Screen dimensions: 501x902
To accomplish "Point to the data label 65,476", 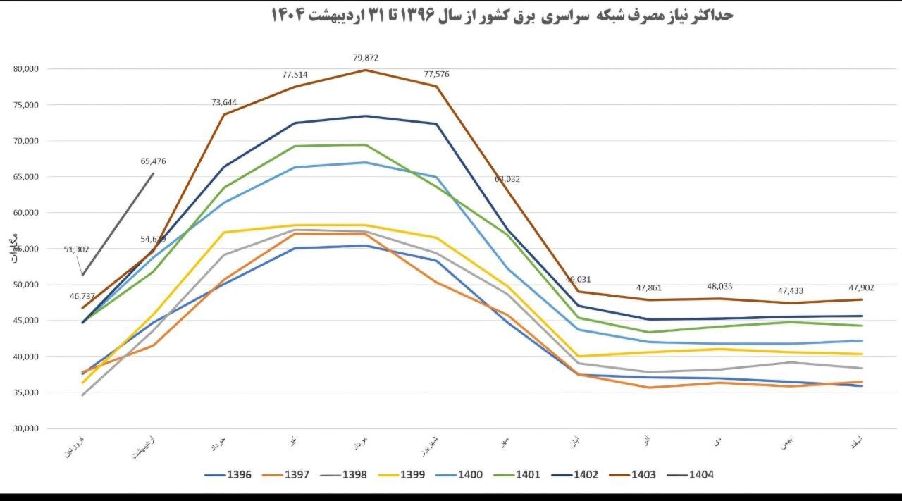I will click(x=153, y=161).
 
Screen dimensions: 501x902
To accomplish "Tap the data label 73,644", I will click(x=223, y=103).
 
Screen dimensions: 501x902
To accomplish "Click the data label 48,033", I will click(x=719, y=287).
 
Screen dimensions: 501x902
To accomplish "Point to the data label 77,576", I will click(x=436, y=74).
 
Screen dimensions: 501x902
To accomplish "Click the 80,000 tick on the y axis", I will click(x=25, y=69).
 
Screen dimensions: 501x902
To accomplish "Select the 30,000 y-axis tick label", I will click(x=25, y=428).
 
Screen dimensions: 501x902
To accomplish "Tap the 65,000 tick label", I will click(x=25, y=177).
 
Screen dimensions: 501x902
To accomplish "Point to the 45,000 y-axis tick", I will click(x=25, y=321).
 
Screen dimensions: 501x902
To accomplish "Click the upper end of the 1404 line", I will click(x=154, y=173).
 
